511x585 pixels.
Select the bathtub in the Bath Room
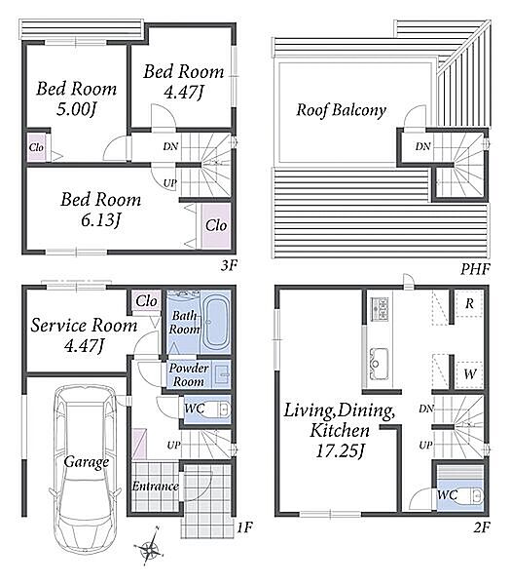click(216, 323)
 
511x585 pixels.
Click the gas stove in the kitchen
click(380, 309)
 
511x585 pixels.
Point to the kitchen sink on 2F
click(379, 364)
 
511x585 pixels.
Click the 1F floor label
click(244, 527)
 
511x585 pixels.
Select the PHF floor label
click(475, 269)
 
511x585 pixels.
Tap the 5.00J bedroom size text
click(76, 109)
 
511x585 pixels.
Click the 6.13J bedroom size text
click(100, 220)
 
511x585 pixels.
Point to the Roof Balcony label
click(341, 110)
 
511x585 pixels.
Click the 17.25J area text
click(340, 451)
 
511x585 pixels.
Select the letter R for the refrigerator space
click(469, 303)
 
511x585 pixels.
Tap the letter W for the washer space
click(470, 373)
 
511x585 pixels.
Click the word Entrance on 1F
click(155, 487)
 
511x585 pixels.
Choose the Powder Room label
click(188, 374)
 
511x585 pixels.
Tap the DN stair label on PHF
click(422, 146)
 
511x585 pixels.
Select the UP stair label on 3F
click(169, 183)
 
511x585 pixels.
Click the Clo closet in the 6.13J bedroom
click(216, 225)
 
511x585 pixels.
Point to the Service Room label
click(84, 326)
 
